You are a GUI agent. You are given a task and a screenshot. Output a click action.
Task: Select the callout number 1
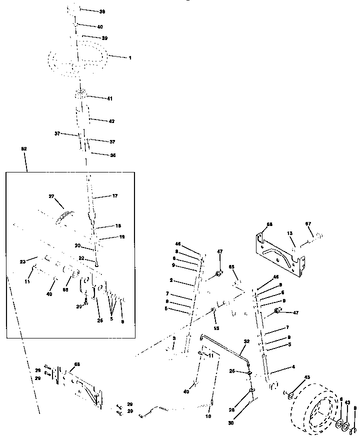[x=130, y=58]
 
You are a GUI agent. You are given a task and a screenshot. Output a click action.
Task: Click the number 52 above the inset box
[x=23, y=149]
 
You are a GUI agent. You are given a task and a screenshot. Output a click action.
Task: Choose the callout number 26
[x=99, y=320]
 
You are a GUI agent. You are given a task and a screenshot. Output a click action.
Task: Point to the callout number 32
[x=246, y=342]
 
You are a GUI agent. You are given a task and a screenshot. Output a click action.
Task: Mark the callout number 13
[x=289, y=233]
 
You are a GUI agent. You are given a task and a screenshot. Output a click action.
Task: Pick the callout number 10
[x=208, y=416]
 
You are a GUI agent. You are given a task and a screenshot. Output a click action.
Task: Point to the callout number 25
[x=232, y=370]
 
